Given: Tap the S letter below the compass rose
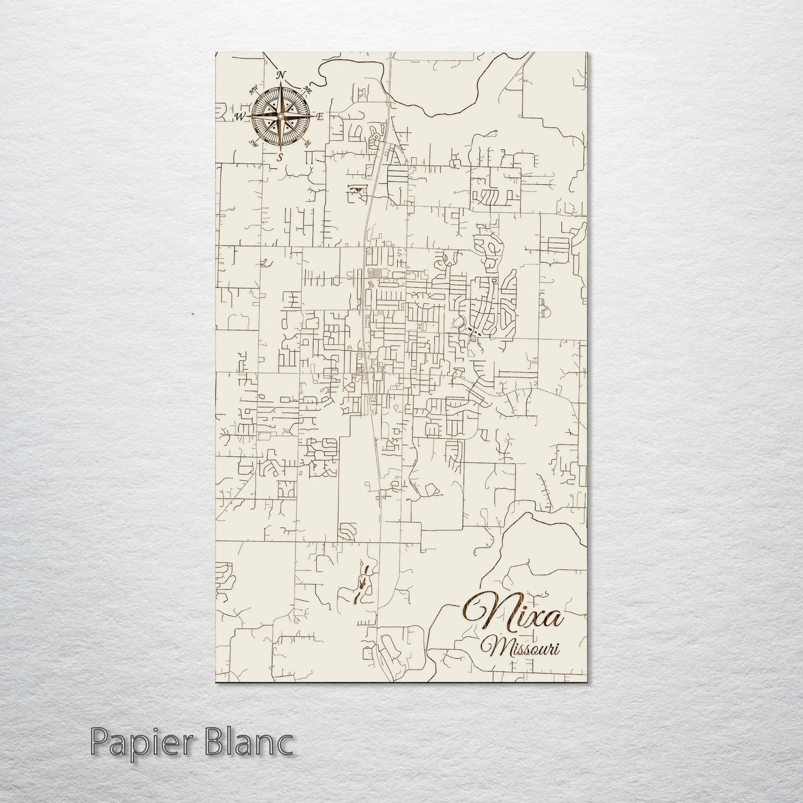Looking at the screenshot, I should click(280, 157).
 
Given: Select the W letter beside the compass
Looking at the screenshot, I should click(240, 116).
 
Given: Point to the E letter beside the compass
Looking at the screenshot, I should click(320, 117).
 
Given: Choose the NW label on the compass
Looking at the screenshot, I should click(254, 90).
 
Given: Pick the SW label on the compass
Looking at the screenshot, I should click(254, 143).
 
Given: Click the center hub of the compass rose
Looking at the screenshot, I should click(280, 116).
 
